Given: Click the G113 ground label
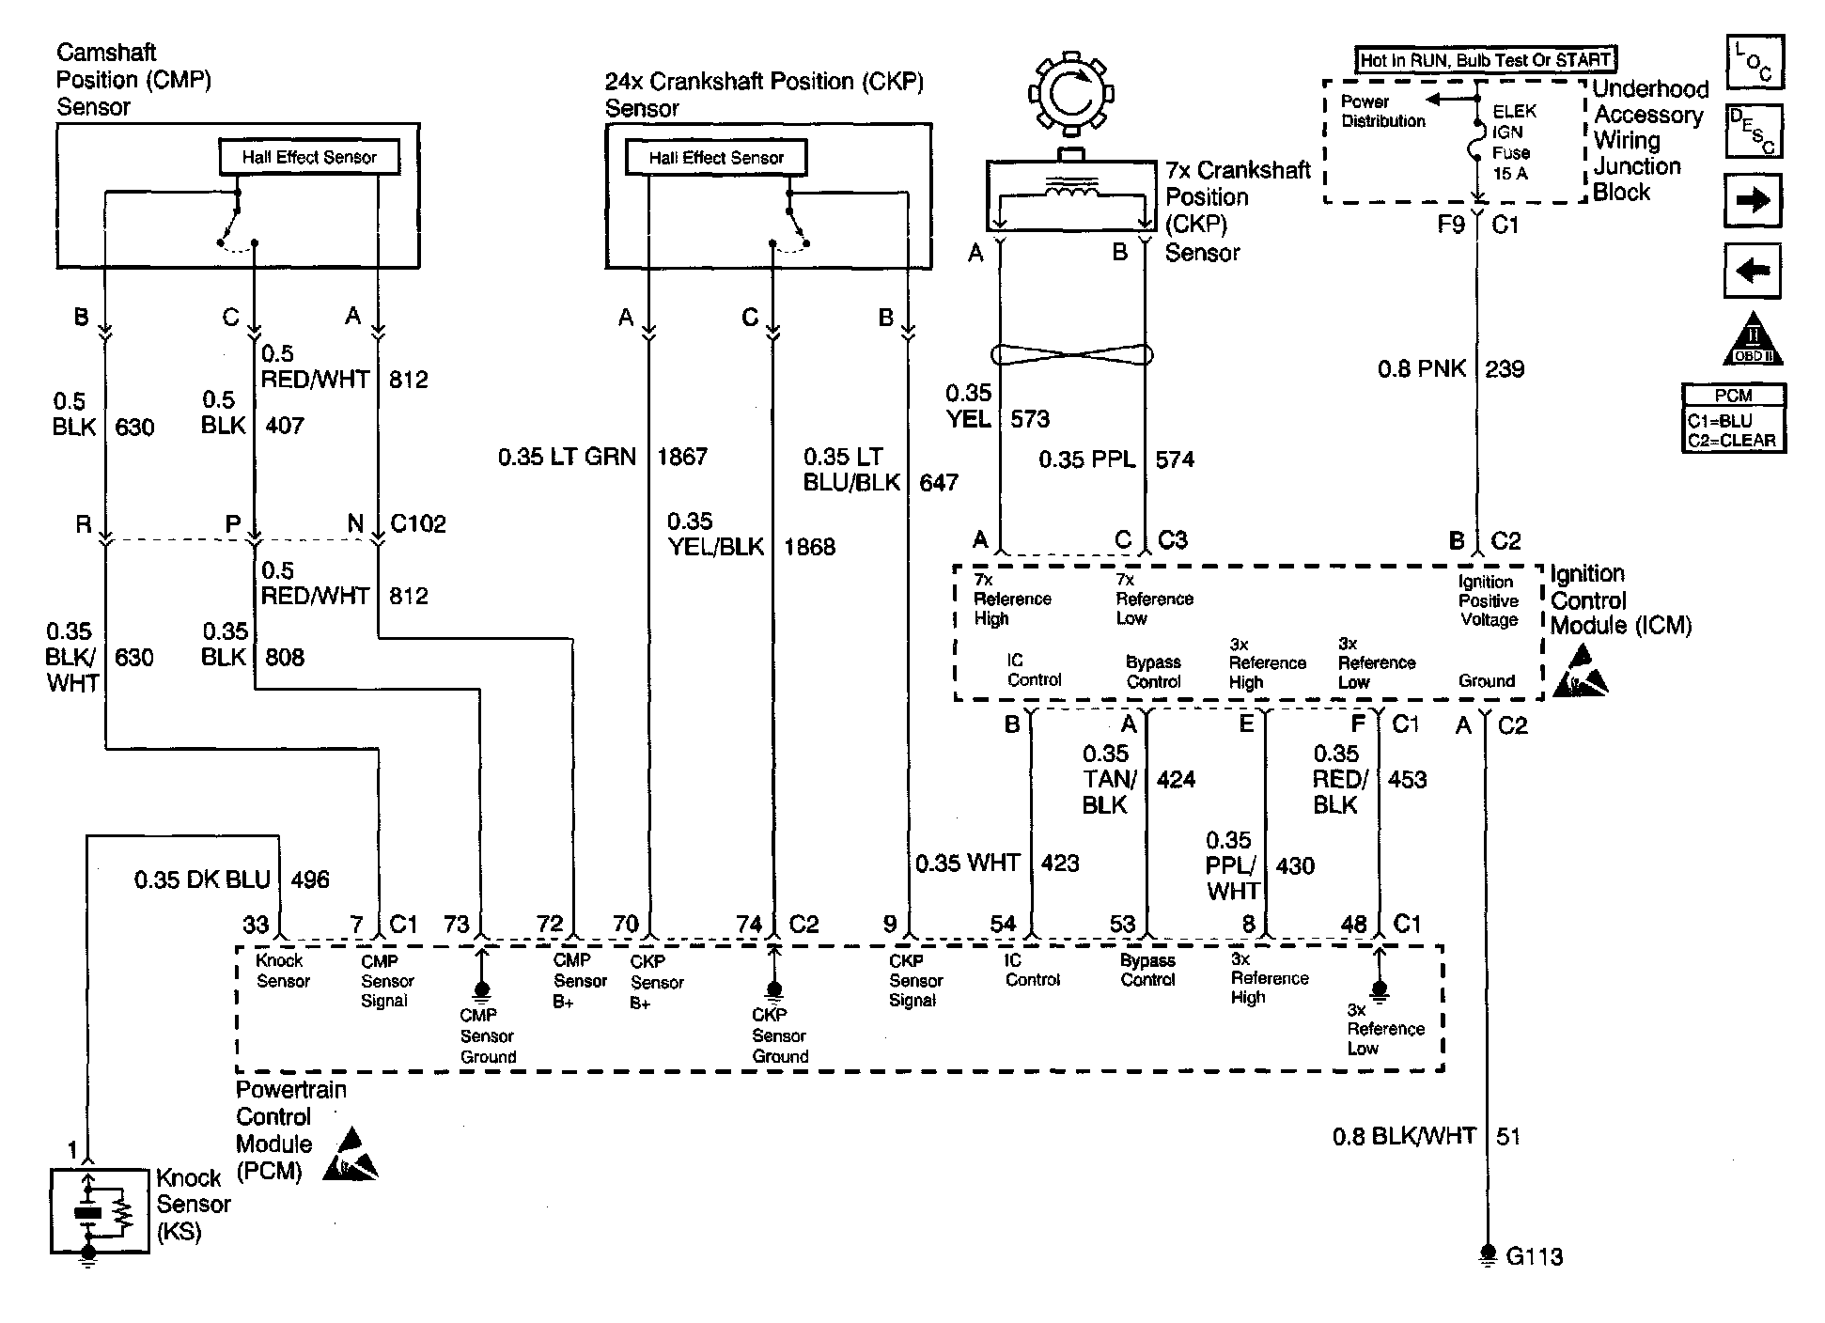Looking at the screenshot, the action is pyautogui.click(x=1534, y=1256).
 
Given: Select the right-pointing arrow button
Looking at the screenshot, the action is pyautogui.click(x=1753, y=200).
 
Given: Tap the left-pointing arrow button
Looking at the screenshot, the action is pyautogui.click(x=1753, y=271).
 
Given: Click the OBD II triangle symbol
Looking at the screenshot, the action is pyautogui.click(x=1753, y=338).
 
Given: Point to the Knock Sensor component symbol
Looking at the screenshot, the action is pyautogui.click(x=100, y=1212).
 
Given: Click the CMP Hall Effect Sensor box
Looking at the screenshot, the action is pyautogui.click(x=309, y=157).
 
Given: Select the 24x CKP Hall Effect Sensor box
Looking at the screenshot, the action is pyautogui.click(x=716, y=157).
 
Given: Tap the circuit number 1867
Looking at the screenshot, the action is pyautogui.click(x=682, y=457).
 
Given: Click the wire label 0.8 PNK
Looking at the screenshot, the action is pyautogui.click(x=1422, y=368).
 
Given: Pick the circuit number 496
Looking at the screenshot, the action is pyautogui.click(x=310, y=879).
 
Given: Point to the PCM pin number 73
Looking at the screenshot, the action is pyautogui.click(x=456, y=925).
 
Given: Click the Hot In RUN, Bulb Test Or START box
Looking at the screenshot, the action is pyautogui.click(x=1486, y=60).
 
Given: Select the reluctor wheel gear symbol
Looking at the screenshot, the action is pyautogui.click(x=1070, y=94).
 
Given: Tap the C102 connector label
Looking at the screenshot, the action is pyautogui.click(x=418, y=523).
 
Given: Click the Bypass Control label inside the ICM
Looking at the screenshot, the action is pyautogui.click(x=1153, y=672).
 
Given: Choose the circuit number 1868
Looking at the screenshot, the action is pyautogui.click(x=809, y=547).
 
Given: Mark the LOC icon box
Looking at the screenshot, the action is pyautogui.click(x=1755, y=62).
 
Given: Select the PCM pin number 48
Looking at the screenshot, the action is pyautogui.click(x=1353, y=925).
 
